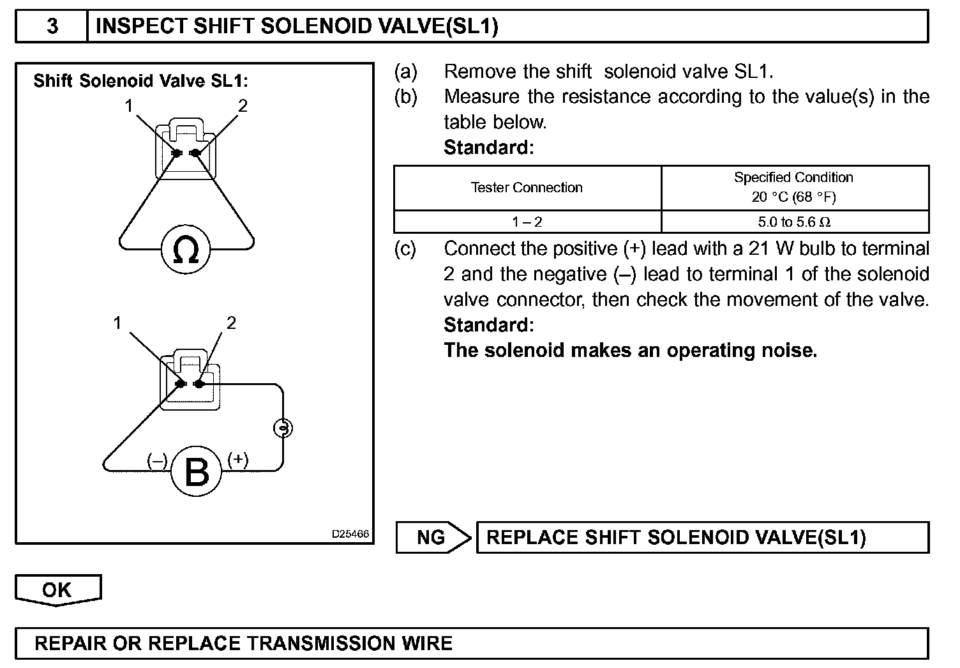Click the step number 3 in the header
pos(52,26)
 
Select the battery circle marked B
pos(196,472)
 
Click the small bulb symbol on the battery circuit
pos(283,428)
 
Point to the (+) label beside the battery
pos(238,459)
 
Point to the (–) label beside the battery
pos(157,460)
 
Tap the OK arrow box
pos(57,589)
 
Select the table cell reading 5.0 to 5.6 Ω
pos(794,222)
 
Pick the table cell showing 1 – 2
pos(527,222)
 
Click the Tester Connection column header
pos(527,188)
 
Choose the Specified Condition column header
pos(794,187)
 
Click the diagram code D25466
pos(350,534)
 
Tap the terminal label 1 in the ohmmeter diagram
pos(130,105)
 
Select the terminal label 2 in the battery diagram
pos(231,323)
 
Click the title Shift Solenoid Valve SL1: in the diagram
pos(140,81)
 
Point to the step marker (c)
pos(405,248)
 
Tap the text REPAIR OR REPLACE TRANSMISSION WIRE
pos(244,643)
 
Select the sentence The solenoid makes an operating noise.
pos(630,350)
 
